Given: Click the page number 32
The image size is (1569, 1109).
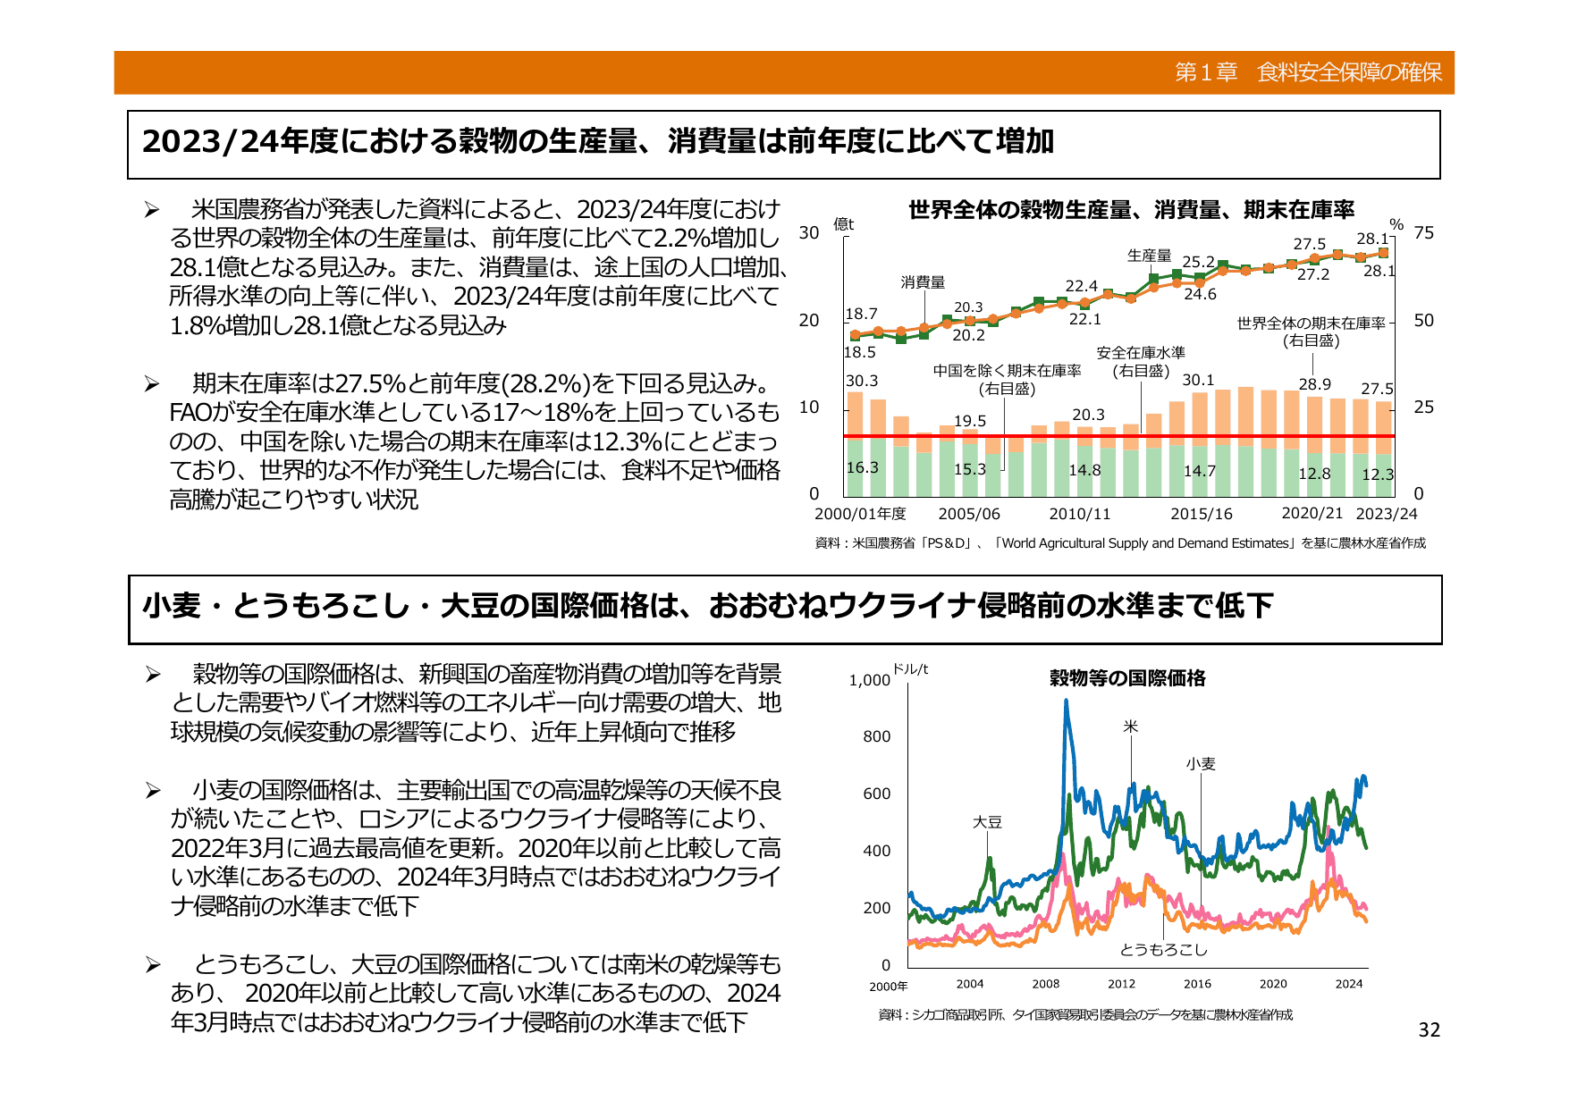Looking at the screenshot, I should tap(1429, 1030).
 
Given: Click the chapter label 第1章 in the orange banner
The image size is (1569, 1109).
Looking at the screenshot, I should tap(1205, 72).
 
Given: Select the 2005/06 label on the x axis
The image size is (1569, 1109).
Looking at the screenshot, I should tap(968, 514).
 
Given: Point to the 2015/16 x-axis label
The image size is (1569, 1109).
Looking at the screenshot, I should tap(1201, 514).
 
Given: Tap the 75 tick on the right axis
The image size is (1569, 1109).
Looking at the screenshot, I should tap(1423, 233).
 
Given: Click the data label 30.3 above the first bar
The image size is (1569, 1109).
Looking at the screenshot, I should tap(862, 381).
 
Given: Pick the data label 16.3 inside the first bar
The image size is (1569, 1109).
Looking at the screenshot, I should tap(862, 467).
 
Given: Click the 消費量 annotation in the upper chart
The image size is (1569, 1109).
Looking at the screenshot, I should tap(923, 282).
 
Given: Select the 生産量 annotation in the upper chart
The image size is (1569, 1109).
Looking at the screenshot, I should tap(1149, 256).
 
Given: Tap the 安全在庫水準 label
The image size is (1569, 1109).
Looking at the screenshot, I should tap(1141, 353).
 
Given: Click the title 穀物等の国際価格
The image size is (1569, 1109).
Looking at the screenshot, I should tap(1127, 678).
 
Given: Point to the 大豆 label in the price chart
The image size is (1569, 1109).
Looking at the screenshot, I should tap(987, 822).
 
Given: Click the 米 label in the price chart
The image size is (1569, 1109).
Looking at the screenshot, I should tap(1131, 727).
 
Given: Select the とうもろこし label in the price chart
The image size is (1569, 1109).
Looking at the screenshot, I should tap(1163, 949).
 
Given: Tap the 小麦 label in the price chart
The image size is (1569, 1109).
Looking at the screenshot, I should tap(1201, 764).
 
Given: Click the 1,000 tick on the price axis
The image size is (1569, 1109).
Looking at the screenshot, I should tap(869, 680).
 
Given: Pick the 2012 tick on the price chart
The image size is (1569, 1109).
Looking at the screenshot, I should tap(1121, 984).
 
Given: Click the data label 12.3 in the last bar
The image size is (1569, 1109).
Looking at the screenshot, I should tap(1377, 475).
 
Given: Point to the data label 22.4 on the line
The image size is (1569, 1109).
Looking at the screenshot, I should tap(1081, 286).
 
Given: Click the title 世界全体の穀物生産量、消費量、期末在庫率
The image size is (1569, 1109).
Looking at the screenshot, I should tap(1131, 210).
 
